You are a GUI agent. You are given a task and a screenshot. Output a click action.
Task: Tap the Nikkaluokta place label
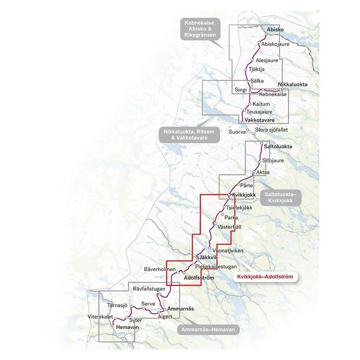(x=292, y=84)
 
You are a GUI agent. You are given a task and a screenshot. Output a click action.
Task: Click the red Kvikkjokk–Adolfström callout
(x=265, y=277)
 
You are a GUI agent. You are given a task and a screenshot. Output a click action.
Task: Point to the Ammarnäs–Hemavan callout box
(x=208, y=330)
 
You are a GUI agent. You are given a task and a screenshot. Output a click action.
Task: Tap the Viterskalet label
(x=100, y=316)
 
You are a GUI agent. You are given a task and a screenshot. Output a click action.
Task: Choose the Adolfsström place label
(x=199, y=277)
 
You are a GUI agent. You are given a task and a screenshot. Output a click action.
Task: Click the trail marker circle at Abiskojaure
(x=260, y=44)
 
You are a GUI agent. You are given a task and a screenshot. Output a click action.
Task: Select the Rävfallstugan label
(x=149, y=288)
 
